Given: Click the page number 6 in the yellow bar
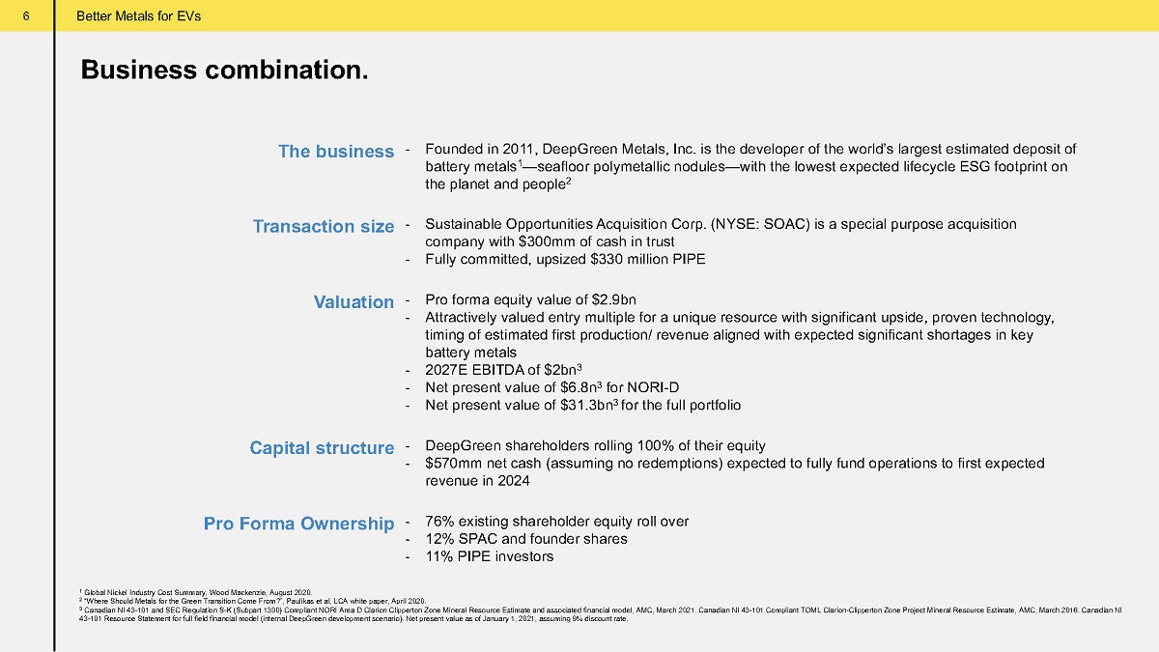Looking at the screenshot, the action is pyautogui.click(x=26, y=16).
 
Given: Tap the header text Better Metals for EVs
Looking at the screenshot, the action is pyautogui.click(x=139, y=16).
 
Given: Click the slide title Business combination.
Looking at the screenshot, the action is pyautogui.click(x=224, y=70).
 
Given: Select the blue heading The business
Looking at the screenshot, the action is pyautogui.click(x=336, y=151).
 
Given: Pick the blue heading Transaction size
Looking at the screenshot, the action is pyautogui.click(x=324, y=226).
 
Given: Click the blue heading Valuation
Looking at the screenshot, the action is pyautogui.click(x=353, y=301).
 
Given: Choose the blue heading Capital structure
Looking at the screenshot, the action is pyautogui.click(x=322, y=447).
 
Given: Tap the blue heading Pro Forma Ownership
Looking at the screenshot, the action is pyautogui.click(x=299, y=524).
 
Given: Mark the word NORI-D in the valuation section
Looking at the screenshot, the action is pyautogui.click(x=653, y=387).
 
